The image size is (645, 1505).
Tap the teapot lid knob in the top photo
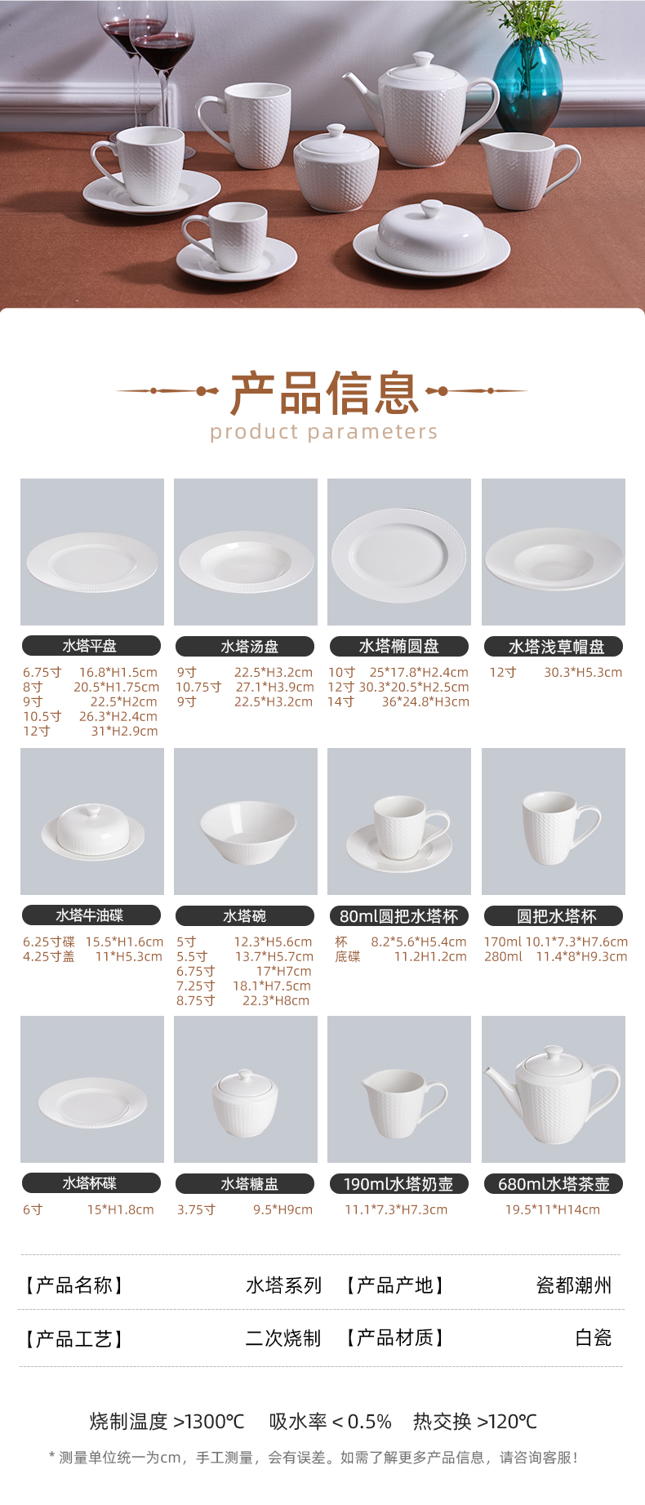(x=423, y=60)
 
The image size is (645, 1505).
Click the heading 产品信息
(x=324, y=393)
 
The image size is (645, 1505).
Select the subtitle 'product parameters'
(x=323, y=432)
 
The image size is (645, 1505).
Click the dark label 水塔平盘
(x=91, y=646)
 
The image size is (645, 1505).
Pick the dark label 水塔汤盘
(x=245, y=647)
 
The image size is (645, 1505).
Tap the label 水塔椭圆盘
(x=399, y=647)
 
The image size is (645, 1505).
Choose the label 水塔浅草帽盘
(x=554, y=647)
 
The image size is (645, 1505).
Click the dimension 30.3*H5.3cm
(x=583, y=672)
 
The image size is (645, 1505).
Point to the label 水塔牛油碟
(x=91, y=915)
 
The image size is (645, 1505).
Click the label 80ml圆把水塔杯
(x=399, y=916)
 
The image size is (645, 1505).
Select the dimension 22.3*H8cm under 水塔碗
(x=276, y=1000)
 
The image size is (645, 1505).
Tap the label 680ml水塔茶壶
(x=554, y=1184)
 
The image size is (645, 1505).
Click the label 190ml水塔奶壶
(x=399, y=1184)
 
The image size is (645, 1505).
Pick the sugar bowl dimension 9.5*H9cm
(x=282, y=1209)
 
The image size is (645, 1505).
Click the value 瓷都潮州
(x=574, y=1285)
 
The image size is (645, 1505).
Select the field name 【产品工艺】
(x=73, y=1338)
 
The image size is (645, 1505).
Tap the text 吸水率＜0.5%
(x=331, y=1422)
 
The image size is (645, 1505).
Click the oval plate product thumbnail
(x=399, y=552)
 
